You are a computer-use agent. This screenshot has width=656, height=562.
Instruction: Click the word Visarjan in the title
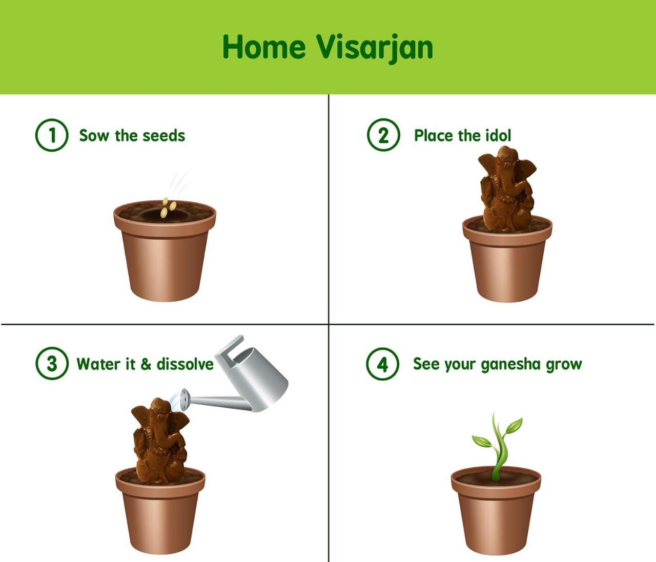click(375, 49)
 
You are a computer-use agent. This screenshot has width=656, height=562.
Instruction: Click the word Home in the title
click(264, 47)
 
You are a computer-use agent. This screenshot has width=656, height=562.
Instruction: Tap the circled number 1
click(52, 135)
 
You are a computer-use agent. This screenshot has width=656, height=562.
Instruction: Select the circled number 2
click(383, 135)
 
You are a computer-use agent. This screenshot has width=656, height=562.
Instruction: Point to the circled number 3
click(52, 363)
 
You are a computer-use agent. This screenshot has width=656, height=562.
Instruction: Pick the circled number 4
click(382, 364)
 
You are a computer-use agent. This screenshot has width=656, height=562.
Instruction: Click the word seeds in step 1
click(163, 136)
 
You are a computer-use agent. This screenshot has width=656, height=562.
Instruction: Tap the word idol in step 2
click(498, 135)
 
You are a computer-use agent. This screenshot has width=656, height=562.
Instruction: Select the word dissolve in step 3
click(185, 364)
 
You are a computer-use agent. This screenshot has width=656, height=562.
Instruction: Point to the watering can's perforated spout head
click(184, 399)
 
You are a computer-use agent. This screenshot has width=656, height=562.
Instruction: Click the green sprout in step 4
click(497, 446)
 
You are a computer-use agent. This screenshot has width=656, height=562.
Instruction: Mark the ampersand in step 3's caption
click(146, 364)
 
